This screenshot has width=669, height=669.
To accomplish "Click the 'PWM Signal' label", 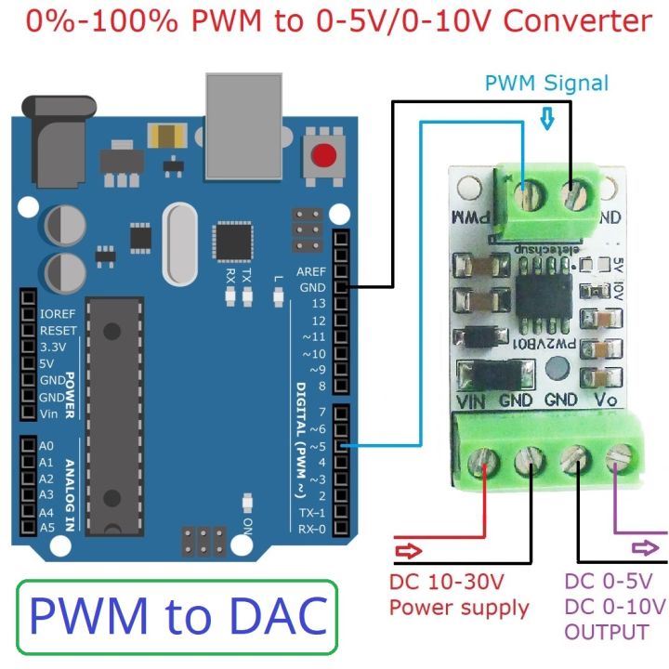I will [x=546, y=83].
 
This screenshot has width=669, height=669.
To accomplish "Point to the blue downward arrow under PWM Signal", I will [x=547, y=118].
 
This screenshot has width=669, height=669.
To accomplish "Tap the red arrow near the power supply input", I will [x=408, y=552].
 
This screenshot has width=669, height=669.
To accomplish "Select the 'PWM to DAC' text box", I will [x=177, y=617].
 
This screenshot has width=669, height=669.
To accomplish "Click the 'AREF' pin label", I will [x=311, y=271].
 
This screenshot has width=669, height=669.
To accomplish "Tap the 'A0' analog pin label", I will [x=46, y=446].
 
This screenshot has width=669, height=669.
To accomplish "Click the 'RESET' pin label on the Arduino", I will [x=58, y=330].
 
